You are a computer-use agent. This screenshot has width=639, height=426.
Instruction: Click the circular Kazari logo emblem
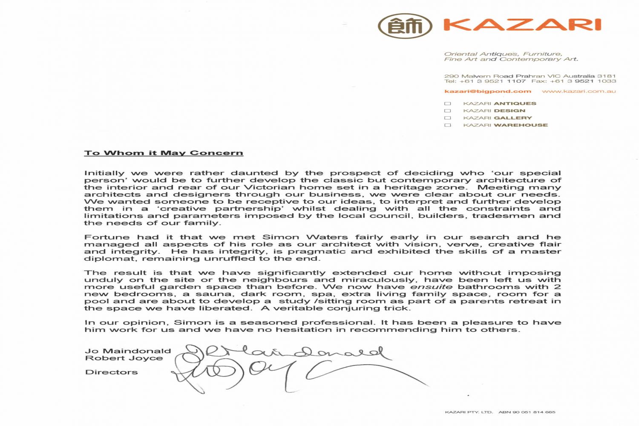click(405, 26)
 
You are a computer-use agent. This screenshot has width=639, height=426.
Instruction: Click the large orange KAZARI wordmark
click(522, 25)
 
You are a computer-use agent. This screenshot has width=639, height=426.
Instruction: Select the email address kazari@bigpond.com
click(487, 91)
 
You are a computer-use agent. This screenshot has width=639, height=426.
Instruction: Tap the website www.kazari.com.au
click(579, 91)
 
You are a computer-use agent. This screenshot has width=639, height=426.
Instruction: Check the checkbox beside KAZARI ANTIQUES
click(447, 104)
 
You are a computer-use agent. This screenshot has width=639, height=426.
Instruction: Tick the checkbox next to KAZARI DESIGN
click(447, 111)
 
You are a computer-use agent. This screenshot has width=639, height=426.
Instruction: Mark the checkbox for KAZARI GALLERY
click(447, 118)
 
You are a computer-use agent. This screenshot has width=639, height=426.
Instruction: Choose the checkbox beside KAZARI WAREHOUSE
click(447, 125)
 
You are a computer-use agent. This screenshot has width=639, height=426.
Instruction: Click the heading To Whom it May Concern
click(164, 153)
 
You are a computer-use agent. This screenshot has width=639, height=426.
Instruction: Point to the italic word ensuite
click(432, 287)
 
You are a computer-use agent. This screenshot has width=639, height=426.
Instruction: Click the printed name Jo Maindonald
click(128, 351)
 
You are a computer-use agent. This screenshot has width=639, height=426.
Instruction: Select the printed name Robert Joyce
click(124, 358)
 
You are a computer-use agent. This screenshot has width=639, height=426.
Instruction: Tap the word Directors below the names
click(111, 372)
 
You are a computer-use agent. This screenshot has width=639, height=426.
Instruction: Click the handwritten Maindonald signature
click(290, 353)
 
